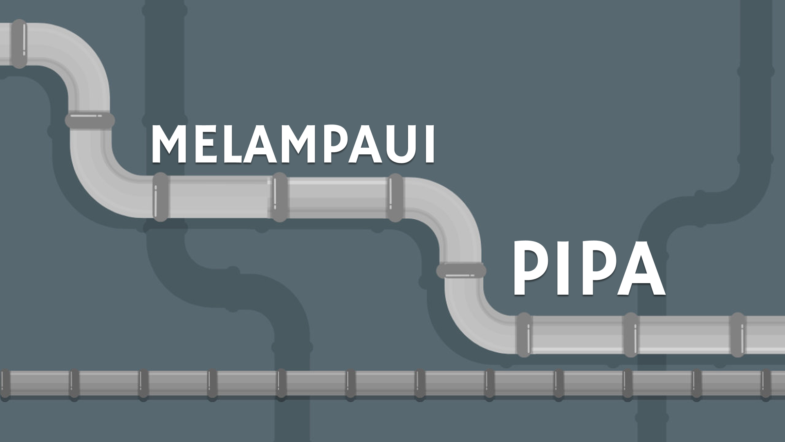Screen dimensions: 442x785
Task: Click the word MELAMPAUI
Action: pos(293,144)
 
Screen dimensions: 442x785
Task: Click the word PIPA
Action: pos(589,268)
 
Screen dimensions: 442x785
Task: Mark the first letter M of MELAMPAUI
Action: pos(168,144)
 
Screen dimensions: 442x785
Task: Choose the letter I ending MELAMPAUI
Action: pos(429,144)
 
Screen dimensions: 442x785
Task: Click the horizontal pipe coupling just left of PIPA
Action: pos(461,270)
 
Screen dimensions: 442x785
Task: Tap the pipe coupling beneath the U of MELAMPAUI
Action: pos(395,197)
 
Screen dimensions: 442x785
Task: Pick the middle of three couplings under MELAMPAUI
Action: pos(280,197)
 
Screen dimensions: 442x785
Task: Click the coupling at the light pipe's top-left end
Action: pos(19,43)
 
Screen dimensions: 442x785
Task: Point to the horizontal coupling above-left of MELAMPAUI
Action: pos(90,121)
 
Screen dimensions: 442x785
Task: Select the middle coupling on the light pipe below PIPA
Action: pos(630,335)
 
